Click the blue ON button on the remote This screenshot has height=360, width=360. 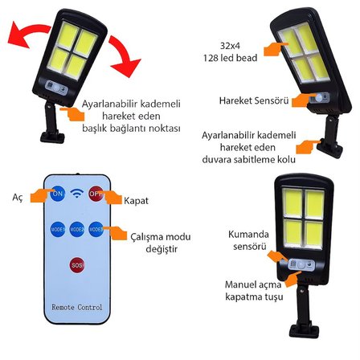coord(58,194)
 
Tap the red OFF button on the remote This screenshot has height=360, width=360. coord(96,194)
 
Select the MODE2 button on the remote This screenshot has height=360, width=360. coord(77,230)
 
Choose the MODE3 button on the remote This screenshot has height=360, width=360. coord(96,230)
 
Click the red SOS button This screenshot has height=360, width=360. coord(77,265)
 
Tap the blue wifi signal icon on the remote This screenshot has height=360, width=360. coord(77,194)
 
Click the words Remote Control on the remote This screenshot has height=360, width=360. coord(77,307)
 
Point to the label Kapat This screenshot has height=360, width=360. coord(136,201)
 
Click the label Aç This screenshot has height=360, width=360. coord(18,198)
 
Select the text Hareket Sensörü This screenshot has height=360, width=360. coord(254,100)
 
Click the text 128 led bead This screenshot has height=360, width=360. coord(230,58)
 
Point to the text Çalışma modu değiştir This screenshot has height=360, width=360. coord(161,243)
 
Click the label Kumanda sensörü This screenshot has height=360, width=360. coord(248,240)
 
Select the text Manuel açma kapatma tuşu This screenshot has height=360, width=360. coord(254,290)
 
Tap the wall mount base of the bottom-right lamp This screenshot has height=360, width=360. coord(305,330)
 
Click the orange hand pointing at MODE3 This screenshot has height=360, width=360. coord(115,232)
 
